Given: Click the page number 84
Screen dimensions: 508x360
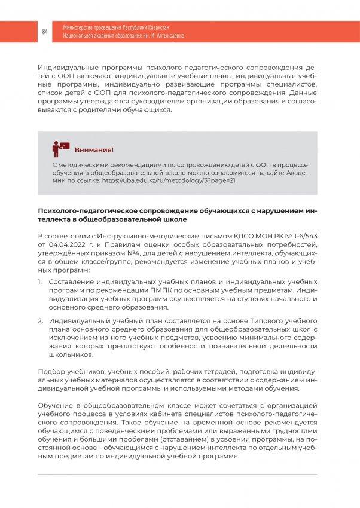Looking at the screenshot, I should click(x=45, y=31).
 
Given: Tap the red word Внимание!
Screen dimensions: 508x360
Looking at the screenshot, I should click(x=93, y=149).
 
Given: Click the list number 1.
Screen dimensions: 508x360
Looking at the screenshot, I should click(x=41, y=281).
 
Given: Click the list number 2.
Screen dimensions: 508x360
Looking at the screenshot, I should click(x=41, y=321).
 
